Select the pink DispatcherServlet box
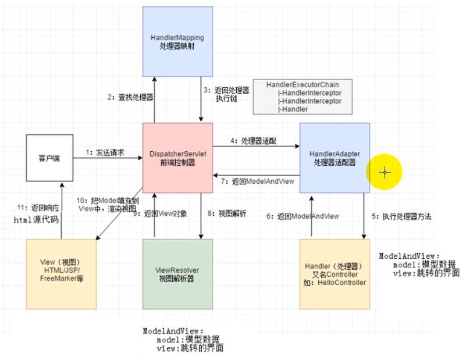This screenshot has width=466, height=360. click(177, 157)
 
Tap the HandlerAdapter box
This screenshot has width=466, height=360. click(335, 158)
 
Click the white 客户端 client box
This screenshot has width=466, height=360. click(49, 157)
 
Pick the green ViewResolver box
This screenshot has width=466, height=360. click(177, 274)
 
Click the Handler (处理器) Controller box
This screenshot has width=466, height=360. click(335, 274)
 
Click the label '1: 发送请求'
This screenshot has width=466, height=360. click(105, 152)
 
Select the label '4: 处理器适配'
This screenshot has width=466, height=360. click(253, 140)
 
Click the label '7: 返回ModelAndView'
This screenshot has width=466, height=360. click(257, 181)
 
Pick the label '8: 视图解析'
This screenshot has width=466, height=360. click(227, 213)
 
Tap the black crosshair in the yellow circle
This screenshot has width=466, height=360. click(385, 172)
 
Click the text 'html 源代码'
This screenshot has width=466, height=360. click(37, 220)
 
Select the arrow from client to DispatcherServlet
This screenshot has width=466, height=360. click(108, 158)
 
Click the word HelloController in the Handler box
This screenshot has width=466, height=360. click(342, 283)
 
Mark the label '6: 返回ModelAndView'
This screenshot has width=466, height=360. click(303, 216)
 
